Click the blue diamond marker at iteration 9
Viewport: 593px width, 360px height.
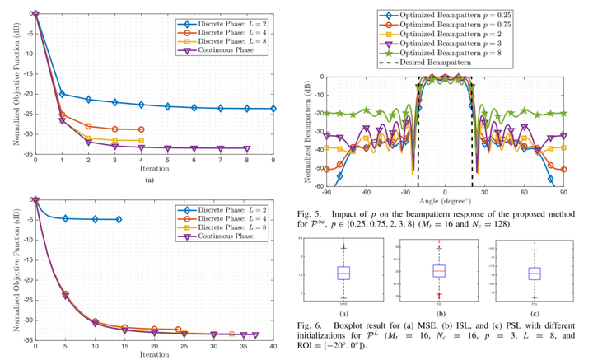pyautogui.click(x=274, y=109)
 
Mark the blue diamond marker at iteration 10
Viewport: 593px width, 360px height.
pyautogui.click(x=95, y=219)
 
